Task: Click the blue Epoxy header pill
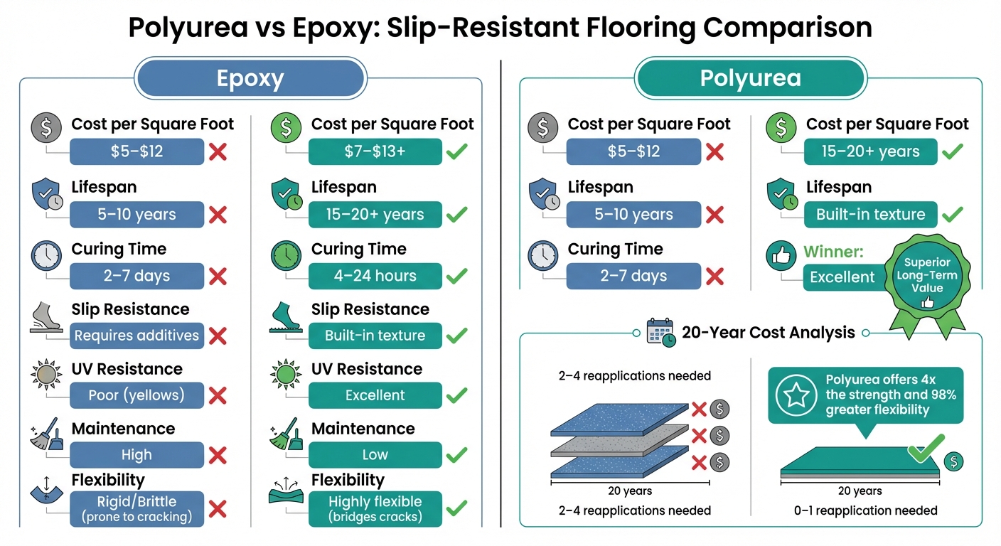(250, 77)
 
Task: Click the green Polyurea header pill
(750, 77)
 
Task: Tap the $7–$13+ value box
(375, 151)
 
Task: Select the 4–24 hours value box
(375, 276)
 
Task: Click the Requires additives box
(136, 336)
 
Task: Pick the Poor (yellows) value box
(136, 395)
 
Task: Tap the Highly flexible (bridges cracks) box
(375, 508)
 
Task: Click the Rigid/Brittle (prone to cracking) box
(136, 508)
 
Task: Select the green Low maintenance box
(375, 455)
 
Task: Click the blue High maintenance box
(136, 455)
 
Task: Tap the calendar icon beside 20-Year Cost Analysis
(660, 332)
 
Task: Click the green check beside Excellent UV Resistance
(456, 395)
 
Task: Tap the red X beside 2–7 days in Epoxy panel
(217, 276)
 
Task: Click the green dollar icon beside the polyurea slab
(953, 461)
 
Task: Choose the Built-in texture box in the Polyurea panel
(870, 214)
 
